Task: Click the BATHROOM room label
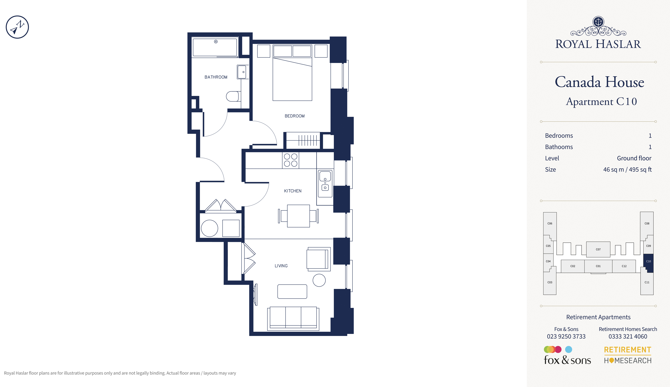216,77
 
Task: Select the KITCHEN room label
292,191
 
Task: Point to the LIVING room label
281,266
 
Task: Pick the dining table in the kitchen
298,216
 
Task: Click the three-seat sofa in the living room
293,318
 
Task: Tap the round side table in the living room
319,280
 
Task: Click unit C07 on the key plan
598,249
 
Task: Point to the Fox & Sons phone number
566,336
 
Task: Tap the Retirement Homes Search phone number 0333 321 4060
628,336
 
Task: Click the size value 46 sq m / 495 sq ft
627,170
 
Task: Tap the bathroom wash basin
242,72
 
